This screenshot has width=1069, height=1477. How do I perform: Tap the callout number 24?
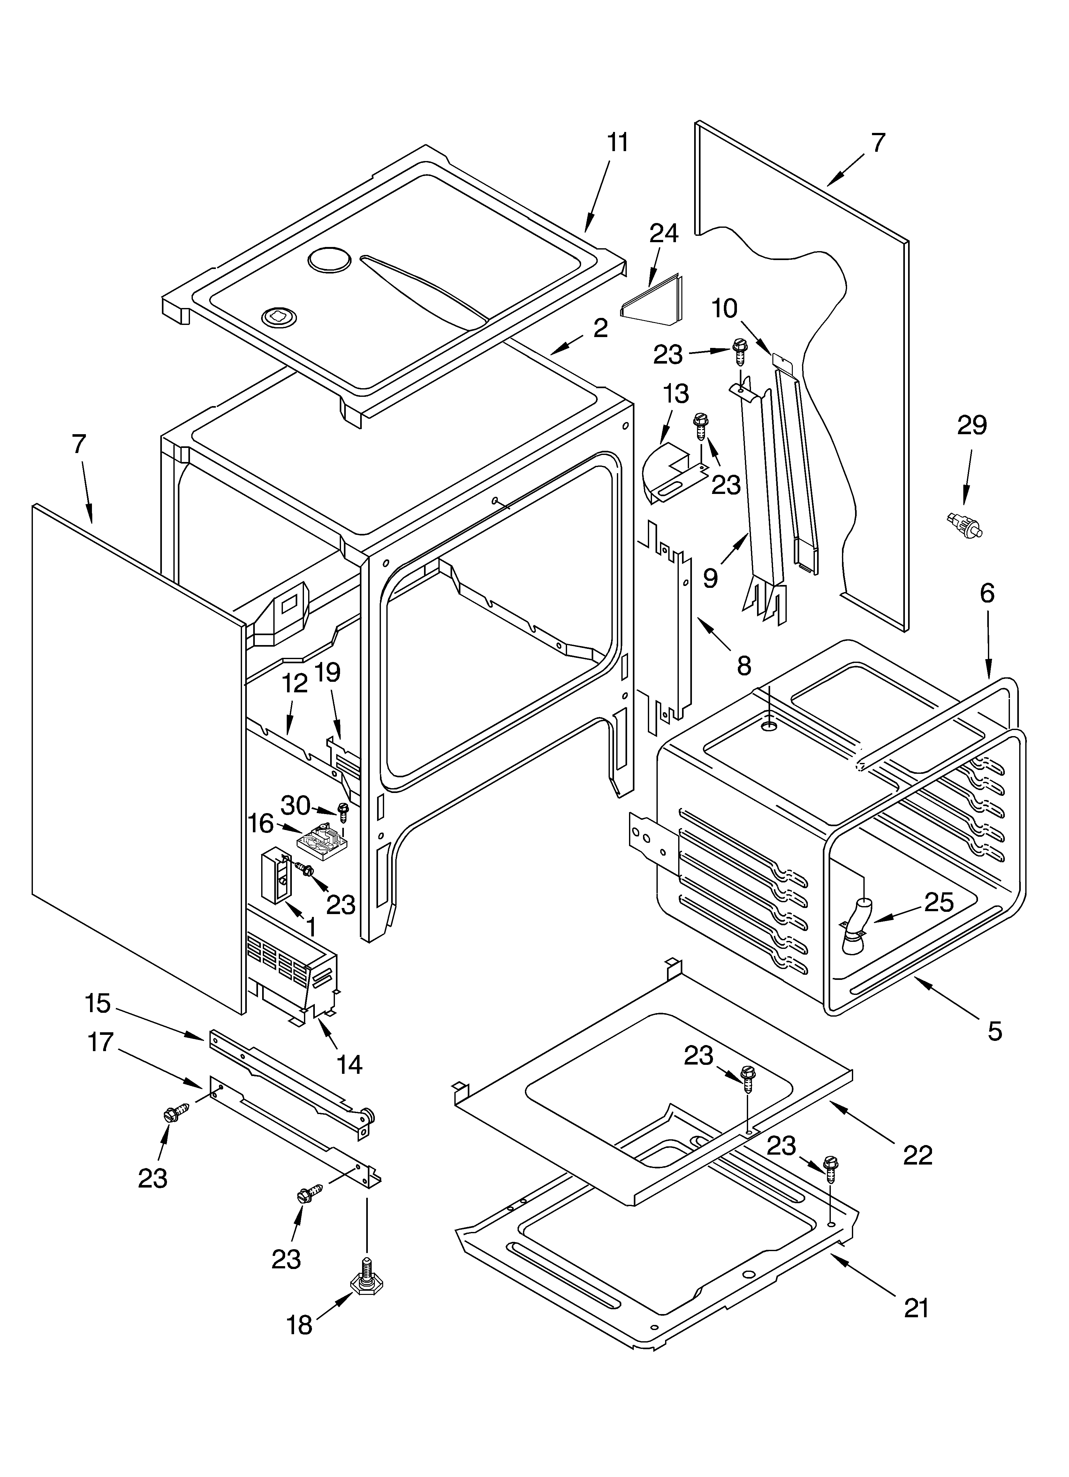(x=663, y=233)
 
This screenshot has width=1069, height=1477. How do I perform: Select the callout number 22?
(x=918, y=1155)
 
